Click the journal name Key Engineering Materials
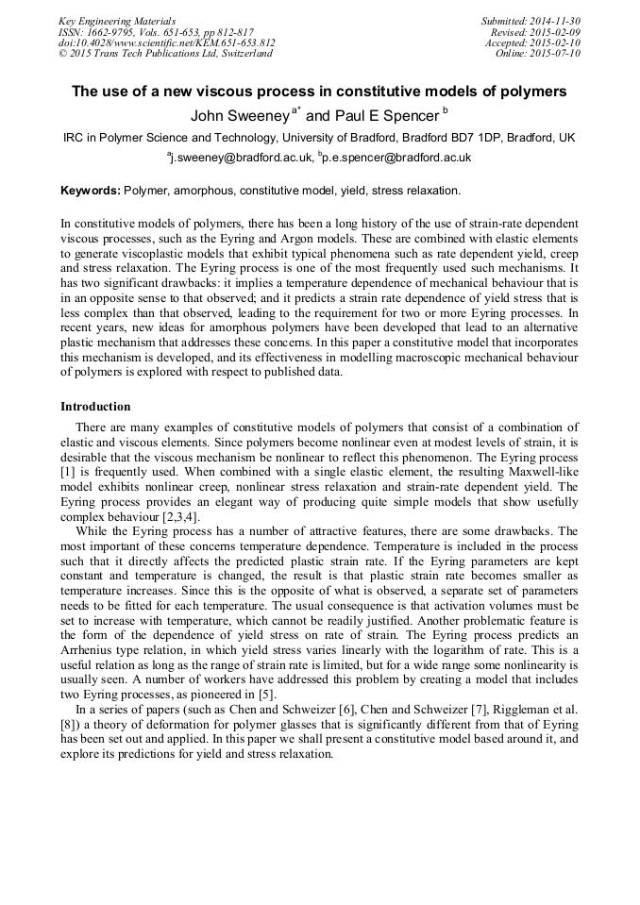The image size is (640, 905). point(117,21)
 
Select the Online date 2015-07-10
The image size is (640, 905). point(556,55)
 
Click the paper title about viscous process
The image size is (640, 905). point(319,92)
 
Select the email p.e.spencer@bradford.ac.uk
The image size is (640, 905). point(397,159)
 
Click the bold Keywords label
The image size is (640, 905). point(91,191)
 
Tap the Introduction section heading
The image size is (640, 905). point(95,407)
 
